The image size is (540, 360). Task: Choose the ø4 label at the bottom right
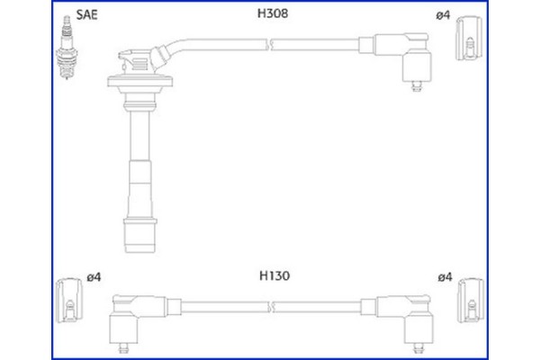[443, 279]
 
